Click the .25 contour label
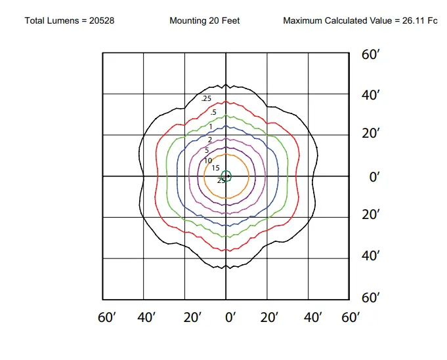pyautogui.click(x=207, y=99)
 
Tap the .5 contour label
pyautogui.click(x=213, y=113)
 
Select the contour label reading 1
pyautogui.click(x=211, y=127)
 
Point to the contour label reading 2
pyautogui.click(x=210, y=140)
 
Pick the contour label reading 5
pyautogui.click(x=207, y=150)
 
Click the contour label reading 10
pyautogui.click(x=207, y=161)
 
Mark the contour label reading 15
pyautogui.click(x=215, y=169)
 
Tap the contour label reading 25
pyautogui.click(x=221, y=180)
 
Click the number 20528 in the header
pyautogui.click(x=102, y=21)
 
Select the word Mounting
pyautogui.click(x=188, y=21)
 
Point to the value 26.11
pyautogui.click(x=412, y=21)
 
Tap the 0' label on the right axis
pyautogui.click(x=375, y=177)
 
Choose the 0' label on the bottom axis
pyautogui.click(x=230, y=318)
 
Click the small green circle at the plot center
pyautogui.click(x=226, y=175)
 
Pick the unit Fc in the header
pyautogui.click(x=433, y=21)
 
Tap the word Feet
pyautogui.click(x=230, y=21)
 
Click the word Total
pyautogui.click(x=35, y=21)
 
